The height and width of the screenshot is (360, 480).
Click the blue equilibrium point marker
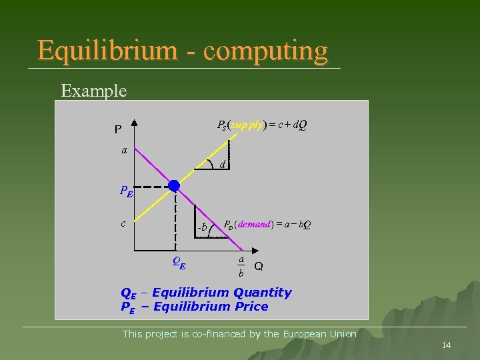pos(173,185)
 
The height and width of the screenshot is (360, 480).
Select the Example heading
pos(93,91)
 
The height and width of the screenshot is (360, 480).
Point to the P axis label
pos(117,129)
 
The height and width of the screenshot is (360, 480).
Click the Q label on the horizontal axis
pos(259,266)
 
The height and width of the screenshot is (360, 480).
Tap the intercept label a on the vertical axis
pos(124,150)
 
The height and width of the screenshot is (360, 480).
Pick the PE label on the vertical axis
pos(126,191)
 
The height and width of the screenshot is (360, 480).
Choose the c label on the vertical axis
pos(124,223)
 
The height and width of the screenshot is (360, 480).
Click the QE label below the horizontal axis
pos(179,263)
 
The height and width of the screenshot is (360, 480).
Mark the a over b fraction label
pos(241,265)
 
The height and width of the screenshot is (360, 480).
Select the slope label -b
pos(201,227)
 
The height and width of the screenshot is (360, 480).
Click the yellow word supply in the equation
pos(248,125)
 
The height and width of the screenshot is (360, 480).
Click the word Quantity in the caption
pos(261,293)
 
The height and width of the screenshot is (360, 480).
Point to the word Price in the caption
pos(250,307)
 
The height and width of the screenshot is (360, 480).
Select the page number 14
pos(447,345)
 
